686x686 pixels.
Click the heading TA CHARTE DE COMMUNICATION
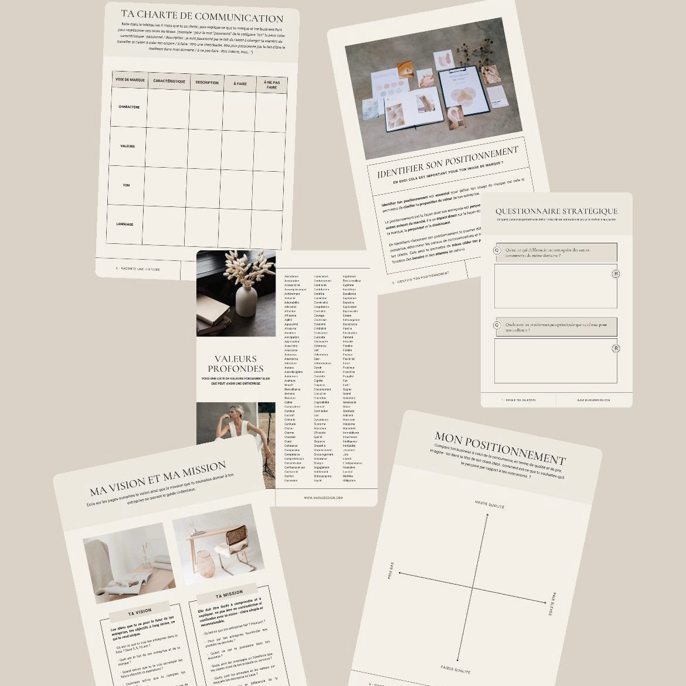pos(202,17)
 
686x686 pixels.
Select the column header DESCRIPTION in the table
pos(207,83)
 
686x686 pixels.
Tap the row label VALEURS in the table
pos(128,146)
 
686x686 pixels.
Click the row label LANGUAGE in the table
pos(124,224)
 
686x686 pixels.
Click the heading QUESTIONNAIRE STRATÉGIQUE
pos(556,211)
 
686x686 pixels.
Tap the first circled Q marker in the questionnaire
pos(497,250)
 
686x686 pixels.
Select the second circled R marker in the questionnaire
pos(616,349)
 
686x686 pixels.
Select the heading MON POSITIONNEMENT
pos(500,447)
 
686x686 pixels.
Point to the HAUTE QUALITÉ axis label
pos(489,504)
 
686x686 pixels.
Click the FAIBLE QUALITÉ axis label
pos(456,669)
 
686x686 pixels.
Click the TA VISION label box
pos(140,612)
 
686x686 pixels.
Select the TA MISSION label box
pos(229,593)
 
